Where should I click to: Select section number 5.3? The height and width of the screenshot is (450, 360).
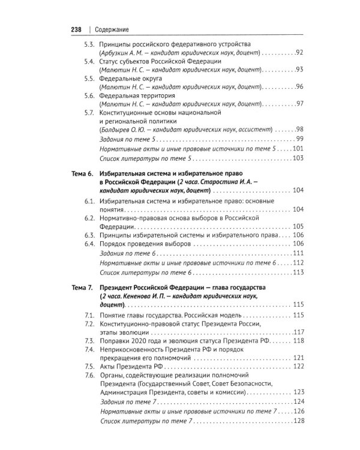[x=87, y=45]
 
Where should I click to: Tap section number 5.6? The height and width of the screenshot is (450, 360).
[x=87, y=95]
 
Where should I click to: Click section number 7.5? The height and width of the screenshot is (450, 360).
[x=88, y=366]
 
